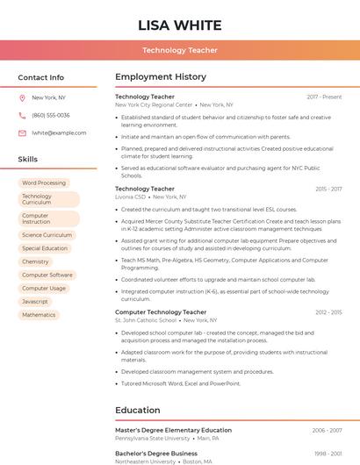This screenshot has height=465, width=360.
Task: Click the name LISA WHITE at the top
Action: pos(180,25)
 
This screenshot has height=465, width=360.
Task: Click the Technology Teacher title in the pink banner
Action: pos(180,50)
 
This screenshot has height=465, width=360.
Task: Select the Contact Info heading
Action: pos(41,77)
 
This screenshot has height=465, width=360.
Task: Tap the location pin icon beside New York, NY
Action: pos(22,98)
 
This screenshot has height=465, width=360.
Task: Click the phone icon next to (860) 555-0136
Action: pos(22,115)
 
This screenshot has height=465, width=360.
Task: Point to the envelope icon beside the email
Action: pos(22,132)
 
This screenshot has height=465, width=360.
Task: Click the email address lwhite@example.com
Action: pos(59,132)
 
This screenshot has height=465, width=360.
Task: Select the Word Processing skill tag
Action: pos(44,182)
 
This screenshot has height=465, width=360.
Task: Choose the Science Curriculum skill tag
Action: pos(47,235)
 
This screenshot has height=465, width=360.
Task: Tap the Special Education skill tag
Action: pos(45,248)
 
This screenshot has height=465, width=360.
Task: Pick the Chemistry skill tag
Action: pos(35,261)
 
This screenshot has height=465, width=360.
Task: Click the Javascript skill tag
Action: pos(35,301)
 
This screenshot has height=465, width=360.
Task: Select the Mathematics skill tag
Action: pos(39,314)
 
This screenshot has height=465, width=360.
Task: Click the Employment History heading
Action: pos(161,77)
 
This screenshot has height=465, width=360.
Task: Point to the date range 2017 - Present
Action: pos(324,97)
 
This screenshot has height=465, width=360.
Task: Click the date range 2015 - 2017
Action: pos(328,189)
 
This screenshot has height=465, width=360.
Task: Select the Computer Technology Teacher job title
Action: pos(161,311)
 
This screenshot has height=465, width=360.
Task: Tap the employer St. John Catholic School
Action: pos(146,320)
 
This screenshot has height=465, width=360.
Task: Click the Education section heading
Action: pos(137,410)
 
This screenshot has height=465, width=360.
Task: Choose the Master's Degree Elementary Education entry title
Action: pos(173,430)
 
